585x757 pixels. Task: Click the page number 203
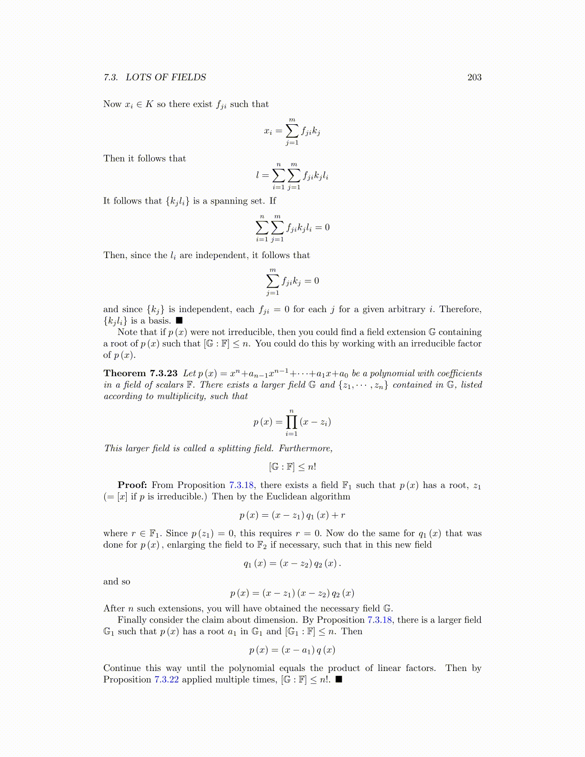[x=474, y=77]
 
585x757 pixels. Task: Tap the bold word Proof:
[x=132, y=485]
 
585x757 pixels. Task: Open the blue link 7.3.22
[x=166, y=680]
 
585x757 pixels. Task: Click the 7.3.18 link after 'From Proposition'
[x=241, y=485]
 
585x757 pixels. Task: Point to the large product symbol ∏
[x=291, y=422]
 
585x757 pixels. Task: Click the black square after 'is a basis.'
[x=179, y=321]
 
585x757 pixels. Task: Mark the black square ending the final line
[x=339, y=680]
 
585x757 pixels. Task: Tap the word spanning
[x=227, y=201]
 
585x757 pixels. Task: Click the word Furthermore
[x=305, y=448]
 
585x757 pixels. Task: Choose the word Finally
[x=132, y=620]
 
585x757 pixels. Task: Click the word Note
[x=127, y=332]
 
